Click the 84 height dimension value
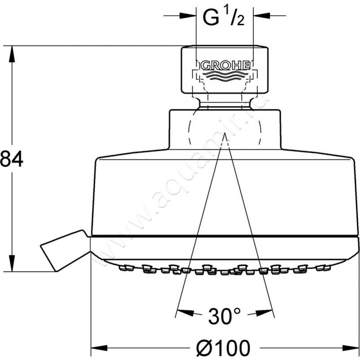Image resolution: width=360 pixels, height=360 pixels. tap(12, 159)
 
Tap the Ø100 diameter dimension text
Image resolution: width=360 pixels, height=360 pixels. tap(223, 348)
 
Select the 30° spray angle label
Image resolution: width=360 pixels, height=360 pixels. tap(225, 316)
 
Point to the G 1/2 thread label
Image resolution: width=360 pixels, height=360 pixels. tap(223, 18)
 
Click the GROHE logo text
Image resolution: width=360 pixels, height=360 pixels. tap(225, 66)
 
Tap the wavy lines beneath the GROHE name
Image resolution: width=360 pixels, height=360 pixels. tap(225, 76)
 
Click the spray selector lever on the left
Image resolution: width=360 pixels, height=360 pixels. tap(64, 250)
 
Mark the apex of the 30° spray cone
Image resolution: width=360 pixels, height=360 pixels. tap(225, 133)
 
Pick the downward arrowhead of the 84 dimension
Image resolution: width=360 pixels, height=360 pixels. tap(12, 263)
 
